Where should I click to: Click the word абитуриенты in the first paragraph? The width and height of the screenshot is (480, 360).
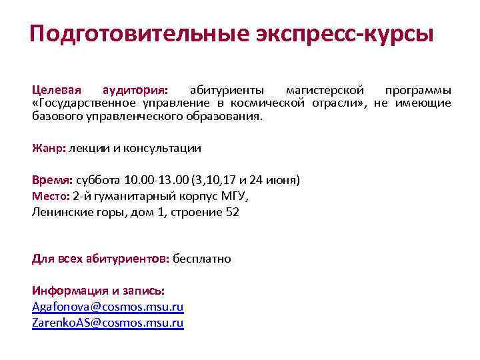coord(227,90)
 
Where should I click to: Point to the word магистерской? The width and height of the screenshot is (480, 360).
coord(325,90)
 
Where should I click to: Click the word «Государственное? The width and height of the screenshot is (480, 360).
coord(83,103)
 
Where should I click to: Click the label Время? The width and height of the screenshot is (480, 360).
coord(53,180)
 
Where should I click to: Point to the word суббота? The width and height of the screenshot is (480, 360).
coord(99,180)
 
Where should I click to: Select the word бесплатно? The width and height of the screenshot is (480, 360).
coord(202,258)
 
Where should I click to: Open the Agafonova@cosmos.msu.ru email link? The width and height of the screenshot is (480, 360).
coord(107,307)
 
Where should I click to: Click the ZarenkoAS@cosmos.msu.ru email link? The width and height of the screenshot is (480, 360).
coord(107,323)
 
